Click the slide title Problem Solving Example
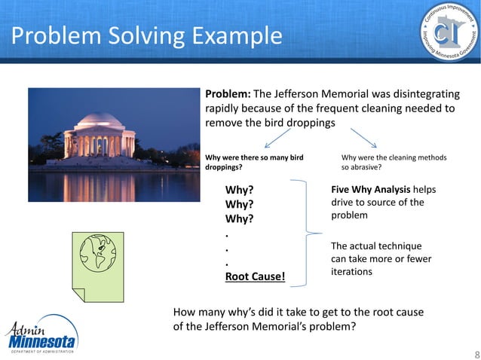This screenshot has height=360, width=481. click(x=147, y=35)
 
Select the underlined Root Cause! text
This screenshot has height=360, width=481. click(x=256, y=276)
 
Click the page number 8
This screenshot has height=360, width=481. click(x=474, y=353)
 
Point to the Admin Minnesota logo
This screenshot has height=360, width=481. click(x=41, y=335)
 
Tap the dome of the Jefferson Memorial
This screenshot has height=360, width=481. click(x=99, y=121)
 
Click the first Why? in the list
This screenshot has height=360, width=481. click(x=239, y=190)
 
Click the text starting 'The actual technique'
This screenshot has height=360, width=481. click(x=376, y=258)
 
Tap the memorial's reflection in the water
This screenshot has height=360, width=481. click(x=98, y=185)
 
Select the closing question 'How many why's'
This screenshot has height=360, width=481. click(x=298, y=319)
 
